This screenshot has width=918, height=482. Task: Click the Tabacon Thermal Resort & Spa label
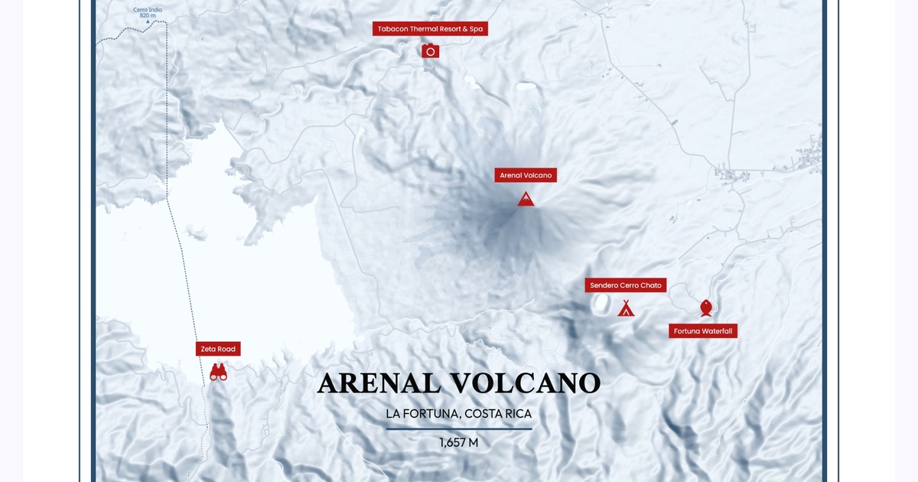(x=430, y=29)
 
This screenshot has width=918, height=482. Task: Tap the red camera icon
(x=430, y=51)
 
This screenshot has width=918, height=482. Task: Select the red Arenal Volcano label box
(x=526, y=175)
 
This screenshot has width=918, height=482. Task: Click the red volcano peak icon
(x=526, y=199)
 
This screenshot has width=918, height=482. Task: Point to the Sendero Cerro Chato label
(x=626, y=285)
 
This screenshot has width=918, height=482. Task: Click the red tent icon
(x=626, y=308)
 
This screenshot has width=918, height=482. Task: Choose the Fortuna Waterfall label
(x=703, y=331)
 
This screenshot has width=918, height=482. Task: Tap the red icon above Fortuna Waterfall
(x=706, y=308)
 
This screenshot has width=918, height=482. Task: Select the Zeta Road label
(x=218, y=349)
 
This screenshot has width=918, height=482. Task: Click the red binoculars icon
(x=218, y=373)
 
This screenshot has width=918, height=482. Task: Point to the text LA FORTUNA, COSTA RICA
(x=458, y=414)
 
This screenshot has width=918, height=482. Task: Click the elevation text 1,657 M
(x=458, y=442)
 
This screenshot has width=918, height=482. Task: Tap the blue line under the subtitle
(x=458, y=429)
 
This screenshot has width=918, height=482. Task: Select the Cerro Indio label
(x=148, y=9)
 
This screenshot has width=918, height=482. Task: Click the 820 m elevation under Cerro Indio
(x=148, y=15)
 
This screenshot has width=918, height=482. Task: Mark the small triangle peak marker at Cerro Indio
(x=160, y=22)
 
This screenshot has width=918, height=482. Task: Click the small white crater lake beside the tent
(x=603, y=305)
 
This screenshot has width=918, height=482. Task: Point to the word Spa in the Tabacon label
(x=476, y=29)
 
